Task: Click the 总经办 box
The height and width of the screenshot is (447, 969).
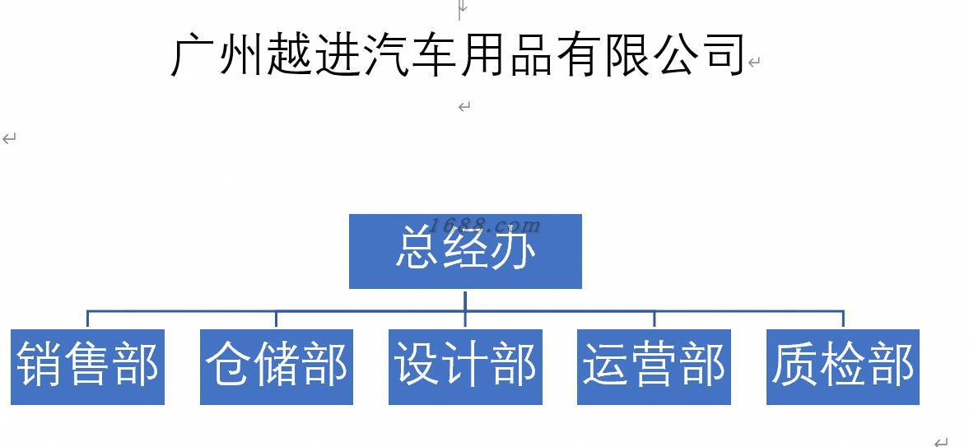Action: tap(465, 251)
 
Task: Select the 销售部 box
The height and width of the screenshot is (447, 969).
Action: tap(88, 367)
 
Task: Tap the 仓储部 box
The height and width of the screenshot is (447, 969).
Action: tap(277, 367)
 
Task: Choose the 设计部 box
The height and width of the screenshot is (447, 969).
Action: tap(465, 367)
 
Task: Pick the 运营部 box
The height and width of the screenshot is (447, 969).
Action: tap(654, 367)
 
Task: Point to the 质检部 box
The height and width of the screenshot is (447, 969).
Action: tap(843, 367)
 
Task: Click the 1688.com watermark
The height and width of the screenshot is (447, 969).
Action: tap(486, 225)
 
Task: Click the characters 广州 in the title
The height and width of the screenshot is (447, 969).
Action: tap(218, 56)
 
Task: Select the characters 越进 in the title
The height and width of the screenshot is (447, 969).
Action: tap(314, 56)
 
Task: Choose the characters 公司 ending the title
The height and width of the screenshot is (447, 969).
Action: tap(697, 56)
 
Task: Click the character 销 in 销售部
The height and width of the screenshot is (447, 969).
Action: tap(40, 365)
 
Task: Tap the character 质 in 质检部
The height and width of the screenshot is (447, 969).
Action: tap(795, 365)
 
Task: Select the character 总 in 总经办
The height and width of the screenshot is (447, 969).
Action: tap(418, 247)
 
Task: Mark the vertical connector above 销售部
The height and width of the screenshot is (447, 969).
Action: tap(88, 319)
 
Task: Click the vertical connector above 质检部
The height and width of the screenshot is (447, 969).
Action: tap(843, 319)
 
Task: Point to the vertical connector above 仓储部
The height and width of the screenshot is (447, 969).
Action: tap(277, 319)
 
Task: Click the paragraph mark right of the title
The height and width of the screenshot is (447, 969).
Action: tap(753, 62)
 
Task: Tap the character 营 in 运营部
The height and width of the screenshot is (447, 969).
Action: tap(654, 365)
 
